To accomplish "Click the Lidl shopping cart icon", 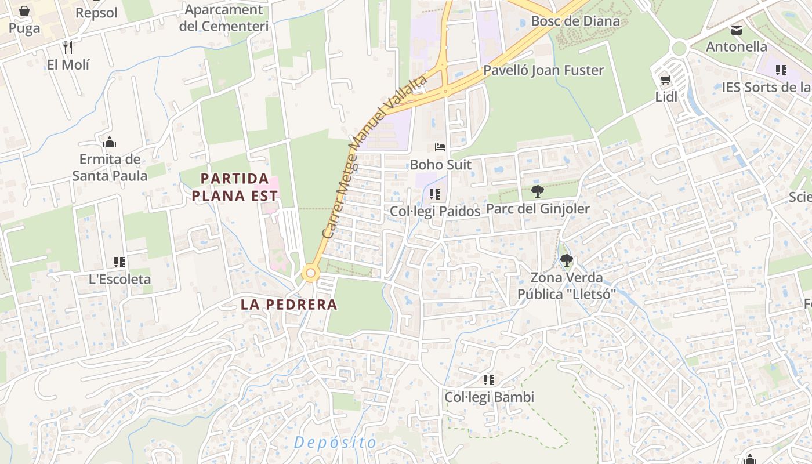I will point(665,79).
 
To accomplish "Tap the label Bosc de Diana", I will point(575,21).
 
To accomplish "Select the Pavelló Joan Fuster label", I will point(543,70).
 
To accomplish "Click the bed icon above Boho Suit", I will point(440,148).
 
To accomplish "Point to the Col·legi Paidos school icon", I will point(435,194).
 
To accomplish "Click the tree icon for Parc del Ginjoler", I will point(537,191).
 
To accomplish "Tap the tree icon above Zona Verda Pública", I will point(566,260).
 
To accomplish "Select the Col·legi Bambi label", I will point(489,397).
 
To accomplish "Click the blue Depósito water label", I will point(335,443).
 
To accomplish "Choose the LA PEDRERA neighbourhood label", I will point(289,304).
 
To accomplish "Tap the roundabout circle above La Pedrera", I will point(311,273).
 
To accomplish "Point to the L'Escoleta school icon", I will point(119,262).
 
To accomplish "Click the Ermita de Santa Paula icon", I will point(110,142).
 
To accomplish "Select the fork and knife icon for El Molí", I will point(68,47).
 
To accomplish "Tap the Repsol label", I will point(96,13).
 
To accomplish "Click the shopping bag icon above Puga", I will point(24,11).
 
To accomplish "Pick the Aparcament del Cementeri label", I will point(223,18).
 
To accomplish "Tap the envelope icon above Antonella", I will point(736,30).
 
